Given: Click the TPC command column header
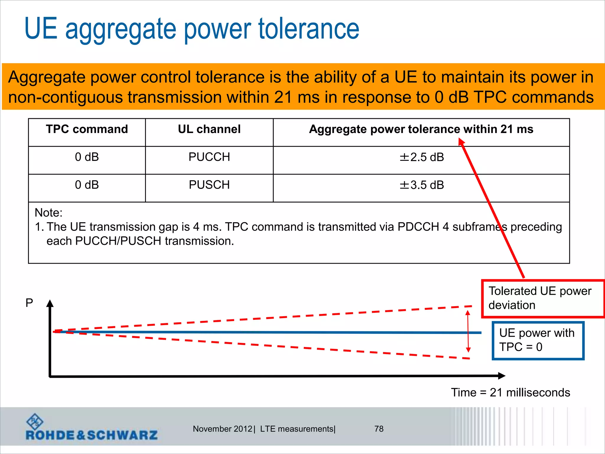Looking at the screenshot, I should coord(87,129).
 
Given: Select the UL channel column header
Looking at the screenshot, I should coord(209,129).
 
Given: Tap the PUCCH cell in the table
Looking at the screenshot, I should coord(209,157).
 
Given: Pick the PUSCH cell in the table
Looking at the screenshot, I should coord(209,185).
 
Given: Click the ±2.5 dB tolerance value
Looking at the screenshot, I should coord(422,157).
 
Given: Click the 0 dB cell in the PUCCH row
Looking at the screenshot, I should coord(87,157).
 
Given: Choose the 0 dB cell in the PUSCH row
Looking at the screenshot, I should coord(87,185).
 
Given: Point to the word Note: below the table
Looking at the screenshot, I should coord(48,213).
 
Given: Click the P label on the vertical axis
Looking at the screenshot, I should coord(29,303).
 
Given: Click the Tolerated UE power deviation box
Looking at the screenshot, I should coord(542,299).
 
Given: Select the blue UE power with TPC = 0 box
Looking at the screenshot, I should coord(538,340).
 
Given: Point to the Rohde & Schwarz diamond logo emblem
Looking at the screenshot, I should coord(35,421).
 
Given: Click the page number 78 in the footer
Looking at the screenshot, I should coord(379,429).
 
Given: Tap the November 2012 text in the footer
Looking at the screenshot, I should coord(222,429).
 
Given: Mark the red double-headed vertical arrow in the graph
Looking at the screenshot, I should coord(468,331).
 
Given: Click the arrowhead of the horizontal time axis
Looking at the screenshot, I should coord(502,376).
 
